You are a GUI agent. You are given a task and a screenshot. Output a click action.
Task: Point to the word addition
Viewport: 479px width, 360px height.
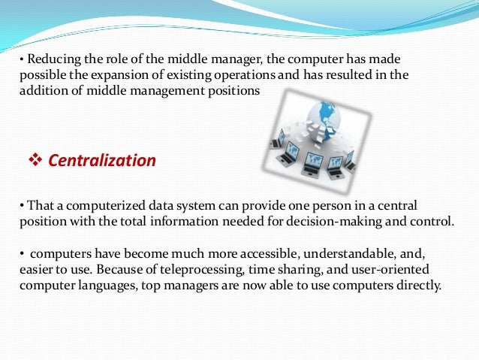pos(40,90)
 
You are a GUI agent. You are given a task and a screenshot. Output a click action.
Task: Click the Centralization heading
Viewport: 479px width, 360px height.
pos(102,160)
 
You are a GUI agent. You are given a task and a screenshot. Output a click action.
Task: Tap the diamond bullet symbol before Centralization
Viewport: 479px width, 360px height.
pos(34,160)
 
